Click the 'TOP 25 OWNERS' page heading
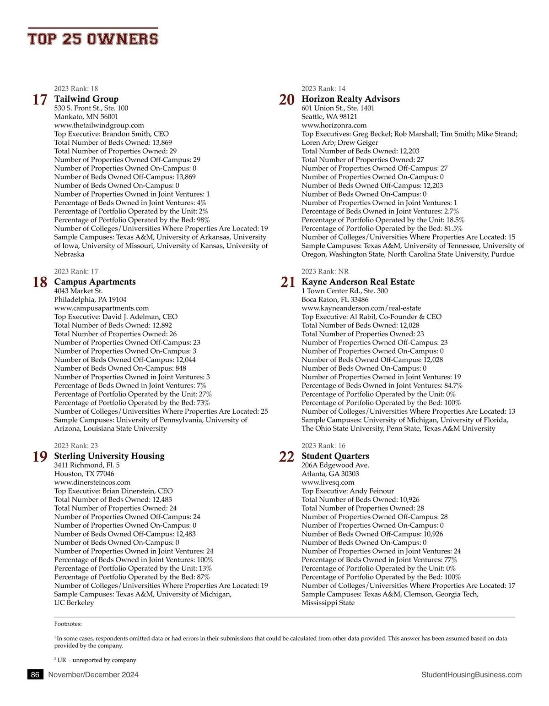tap(93, 39)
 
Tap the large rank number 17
tap(40, 99)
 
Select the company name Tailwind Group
tap(86, 99)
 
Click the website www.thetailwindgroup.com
tap(99, 125)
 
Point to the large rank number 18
tap(40, 282)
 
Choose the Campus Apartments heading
tap(95, 282)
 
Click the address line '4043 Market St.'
tap(78, 291)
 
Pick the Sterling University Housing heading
tap(109, 456)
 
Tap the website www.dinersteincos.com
tap(92, 482)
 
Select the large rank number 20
tap(287, 99)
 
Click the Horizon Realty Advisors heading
tap(350, 99)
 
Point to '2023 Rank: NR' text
tap(325, 272)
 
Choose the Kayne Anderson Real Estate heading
tap(358, 282)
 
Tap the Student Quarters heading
tap(335, 456)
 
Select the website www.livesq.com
tap(328, 482)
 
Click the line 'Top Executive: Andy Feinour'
tap(347, 491)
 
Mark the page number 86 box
tap(35, 675)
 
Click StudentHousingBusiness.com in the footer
tap(471, 675)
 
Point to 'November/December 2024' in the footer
tap(93, 675)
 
